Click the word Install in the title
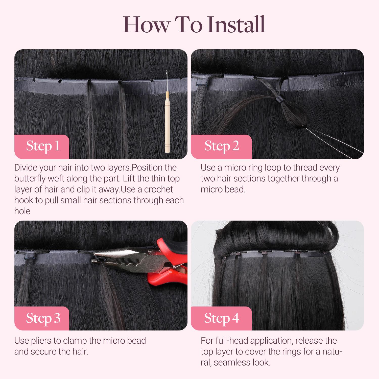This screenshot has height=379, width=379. tap(236, 25)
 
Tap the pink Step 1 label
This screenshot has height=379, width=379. tap(42, 146)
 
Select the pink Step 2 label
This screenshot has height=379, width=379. tap(221, 146)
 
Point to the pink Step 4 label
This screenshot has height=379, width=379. tap(221, 318)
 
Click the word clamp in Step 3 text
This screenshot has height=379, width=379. tap(75, 341)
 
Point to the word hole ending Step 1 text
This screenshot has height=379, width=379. tap(22, 211)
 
